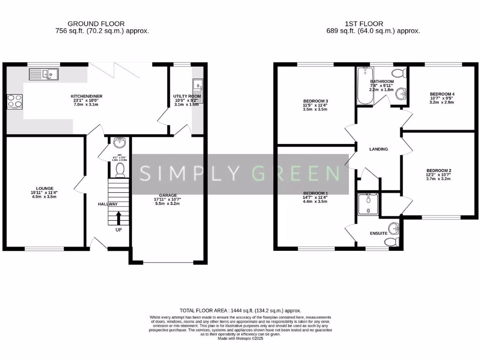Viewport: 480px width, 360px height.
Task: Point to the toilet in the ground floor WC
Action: (120, 169)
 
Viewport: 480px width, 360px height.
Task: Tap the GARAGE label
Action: (167, 195)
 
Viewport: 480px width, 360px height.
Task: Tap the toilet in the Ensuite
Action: (390, 242)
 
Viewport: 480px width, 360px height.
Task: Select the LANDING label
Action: (378, 149)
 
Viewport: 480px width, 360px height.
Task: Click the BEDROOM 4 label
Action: (442, 94)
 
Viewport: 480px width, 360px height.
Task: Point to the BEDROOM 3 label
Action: (315, 101)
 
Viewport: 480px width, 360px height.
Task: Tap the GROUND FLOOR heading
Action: (96, 23)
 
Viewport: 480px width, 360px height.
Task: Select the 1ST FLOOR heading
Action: (364, 23)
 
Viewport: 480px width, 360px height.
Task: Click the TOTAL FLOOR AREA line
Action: (240, 310)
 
